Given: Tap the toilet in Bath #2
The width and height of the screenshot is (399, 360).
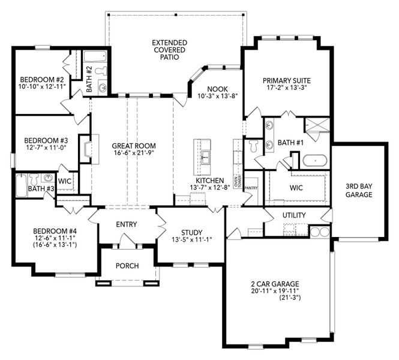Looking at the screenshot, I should pos(101,71).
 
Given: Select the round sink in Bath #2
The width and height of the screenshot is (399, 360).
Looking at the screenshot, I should pos(103,88).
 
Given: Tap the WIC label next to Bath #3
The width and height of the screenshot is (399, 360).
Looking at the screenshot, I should pos(65,180).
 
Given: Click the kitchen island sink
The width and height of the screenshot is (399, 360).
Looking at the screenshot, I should pos(205,157).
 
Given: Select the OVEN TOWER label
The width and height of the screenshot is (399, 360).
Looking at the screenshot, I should pos(238,179).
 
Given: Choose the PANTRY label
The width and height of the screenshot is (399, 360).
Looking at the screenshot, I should pos(250,187).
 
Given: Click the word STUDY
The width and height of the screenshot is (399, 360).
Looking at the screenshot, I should pos(191,233).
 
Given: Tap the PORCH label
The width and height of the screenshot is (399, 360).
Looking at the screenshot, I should pos(127,266).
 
